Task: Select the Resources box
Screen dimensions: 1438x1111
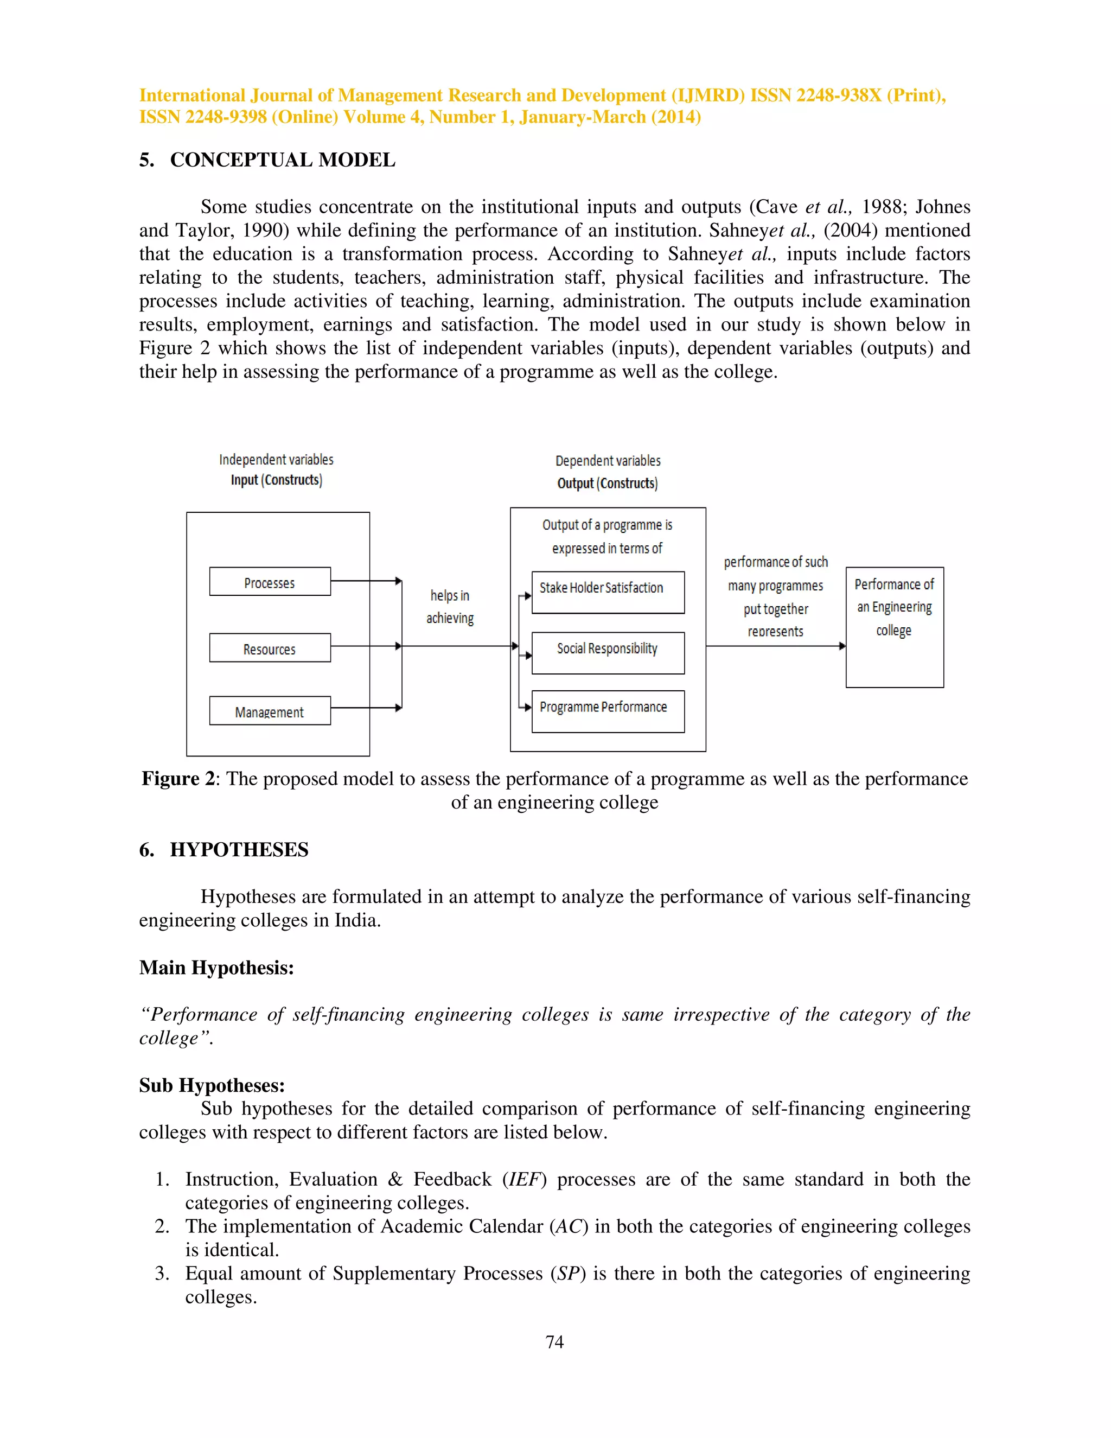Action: (270, 648)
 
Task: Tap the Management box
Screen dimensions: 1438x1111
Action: (270, 711)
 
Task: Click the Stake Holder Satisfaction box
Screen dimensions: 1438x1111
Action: (608, 592)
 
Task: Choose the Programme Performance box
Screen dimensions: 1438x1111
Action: (608, 711)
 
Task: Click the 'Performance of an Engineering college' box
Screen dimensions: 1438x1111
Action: (895, 627)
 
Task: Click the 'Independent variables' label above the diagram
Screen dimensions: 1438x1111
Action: (277, 460)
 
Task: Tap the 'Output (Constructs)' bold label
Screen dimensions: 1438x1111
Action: (608, 483)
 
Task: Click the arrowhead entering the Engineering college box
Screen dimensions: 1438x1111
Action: (842, 646)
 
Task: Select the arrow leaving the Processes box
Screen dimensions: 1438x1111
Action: (365, 581)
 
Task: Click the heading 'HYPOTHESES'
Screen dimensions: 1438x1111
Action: (239, 849)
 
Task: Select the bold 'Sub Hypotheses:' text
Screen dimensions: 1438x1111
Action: (212, 1085)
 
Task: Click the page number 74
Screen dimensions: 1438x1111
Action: (555, 1342)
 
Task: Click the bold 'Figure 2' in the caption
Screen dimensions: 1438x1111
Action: (178, 779)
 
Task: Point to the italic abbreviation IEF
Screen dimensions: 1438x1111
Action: (524, 1179)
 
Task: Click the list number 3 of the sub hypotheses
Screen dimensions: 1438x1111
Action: (161, 1274)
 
